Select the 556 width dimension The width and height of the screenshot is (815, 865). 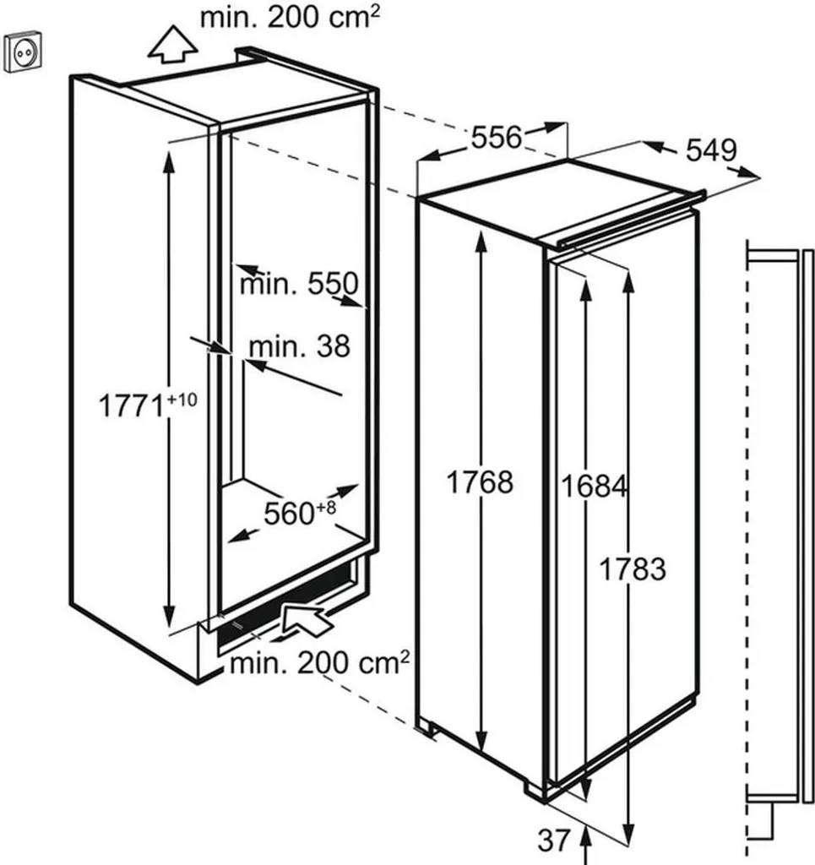[x=496, y=136]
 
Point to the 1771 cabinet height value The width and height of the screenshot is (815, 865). [x=132, y=405]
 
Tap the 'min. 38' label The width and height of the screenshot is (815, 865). [x=298, y=345]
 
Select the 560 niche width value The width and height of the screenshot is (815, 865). [x=290, y=513]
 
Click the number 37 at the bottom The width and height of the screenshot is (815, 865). [x=554, y=840]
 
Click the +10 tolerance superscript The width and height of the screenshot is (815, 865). [x=180, y=400]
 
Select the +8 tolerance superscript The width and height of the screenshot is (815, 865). [x=326, y=508]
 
